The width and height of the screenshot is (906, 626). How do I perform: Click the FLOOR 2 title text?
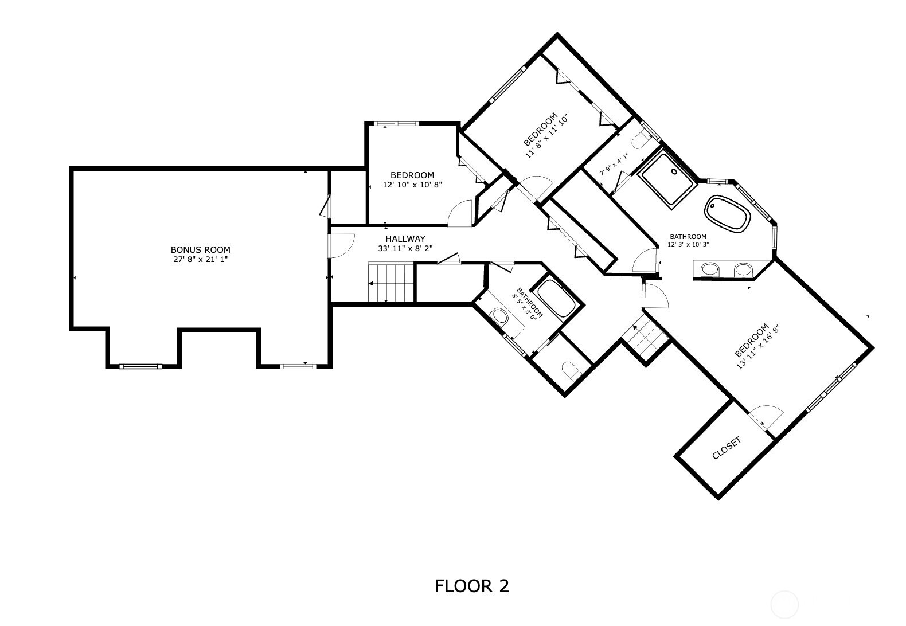471,586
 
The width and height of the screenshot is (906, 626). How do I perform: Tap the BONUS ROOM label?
201,250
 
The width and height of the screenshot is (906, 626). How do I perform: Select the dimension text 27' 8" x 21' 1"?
201,259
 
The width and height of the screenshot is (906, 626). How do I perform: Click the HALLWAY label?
405,239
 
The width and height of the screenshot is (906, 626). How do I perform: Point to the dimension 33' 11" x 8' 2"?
405,249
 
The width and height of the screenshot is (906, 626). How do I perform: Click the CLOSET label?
727,448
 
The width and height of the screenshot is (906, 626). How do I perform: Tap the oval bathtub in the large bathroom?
728,214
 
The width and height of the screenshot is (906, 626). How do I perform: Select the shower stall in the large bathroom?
667,177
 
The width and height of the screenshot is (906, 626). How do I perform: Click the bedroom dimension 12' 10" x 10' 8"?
412,185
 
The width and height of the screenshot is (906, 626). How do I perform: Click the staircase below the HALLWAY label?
390,282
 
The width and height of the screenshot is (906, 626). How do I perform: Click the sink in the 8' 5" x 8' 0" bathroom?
500,316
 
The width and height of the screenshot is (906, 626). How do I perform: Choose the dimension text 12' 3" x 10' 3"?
688,244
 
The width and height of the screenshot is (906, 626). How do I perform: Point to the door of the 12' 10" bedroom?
460,213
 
